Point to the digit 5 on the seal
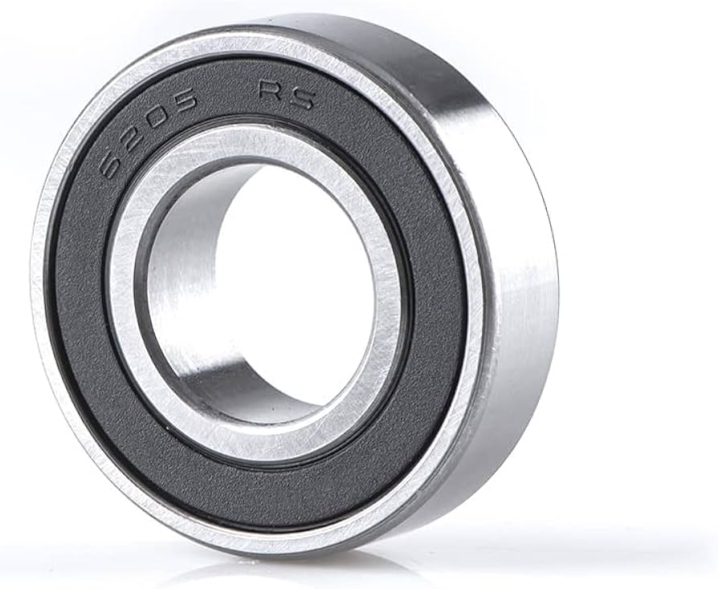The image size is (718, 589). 182,101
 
